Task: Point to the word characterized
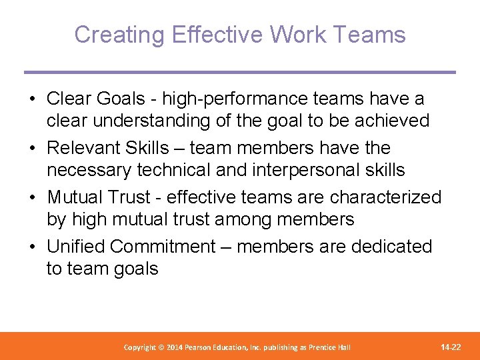click(385, 197)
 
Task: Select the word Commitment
click(163, 247)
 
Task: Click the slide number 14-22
click(451, 347)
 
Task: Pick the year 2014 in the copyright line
click(175, 348)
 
